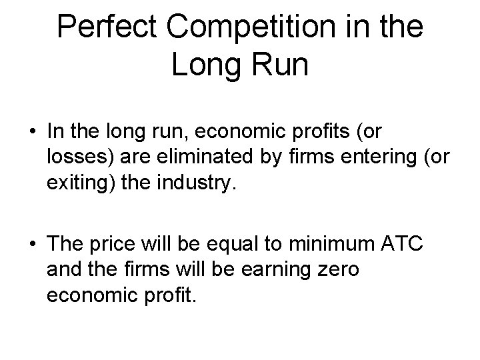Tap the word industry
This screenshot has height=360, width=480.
[x=199, y=183]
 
